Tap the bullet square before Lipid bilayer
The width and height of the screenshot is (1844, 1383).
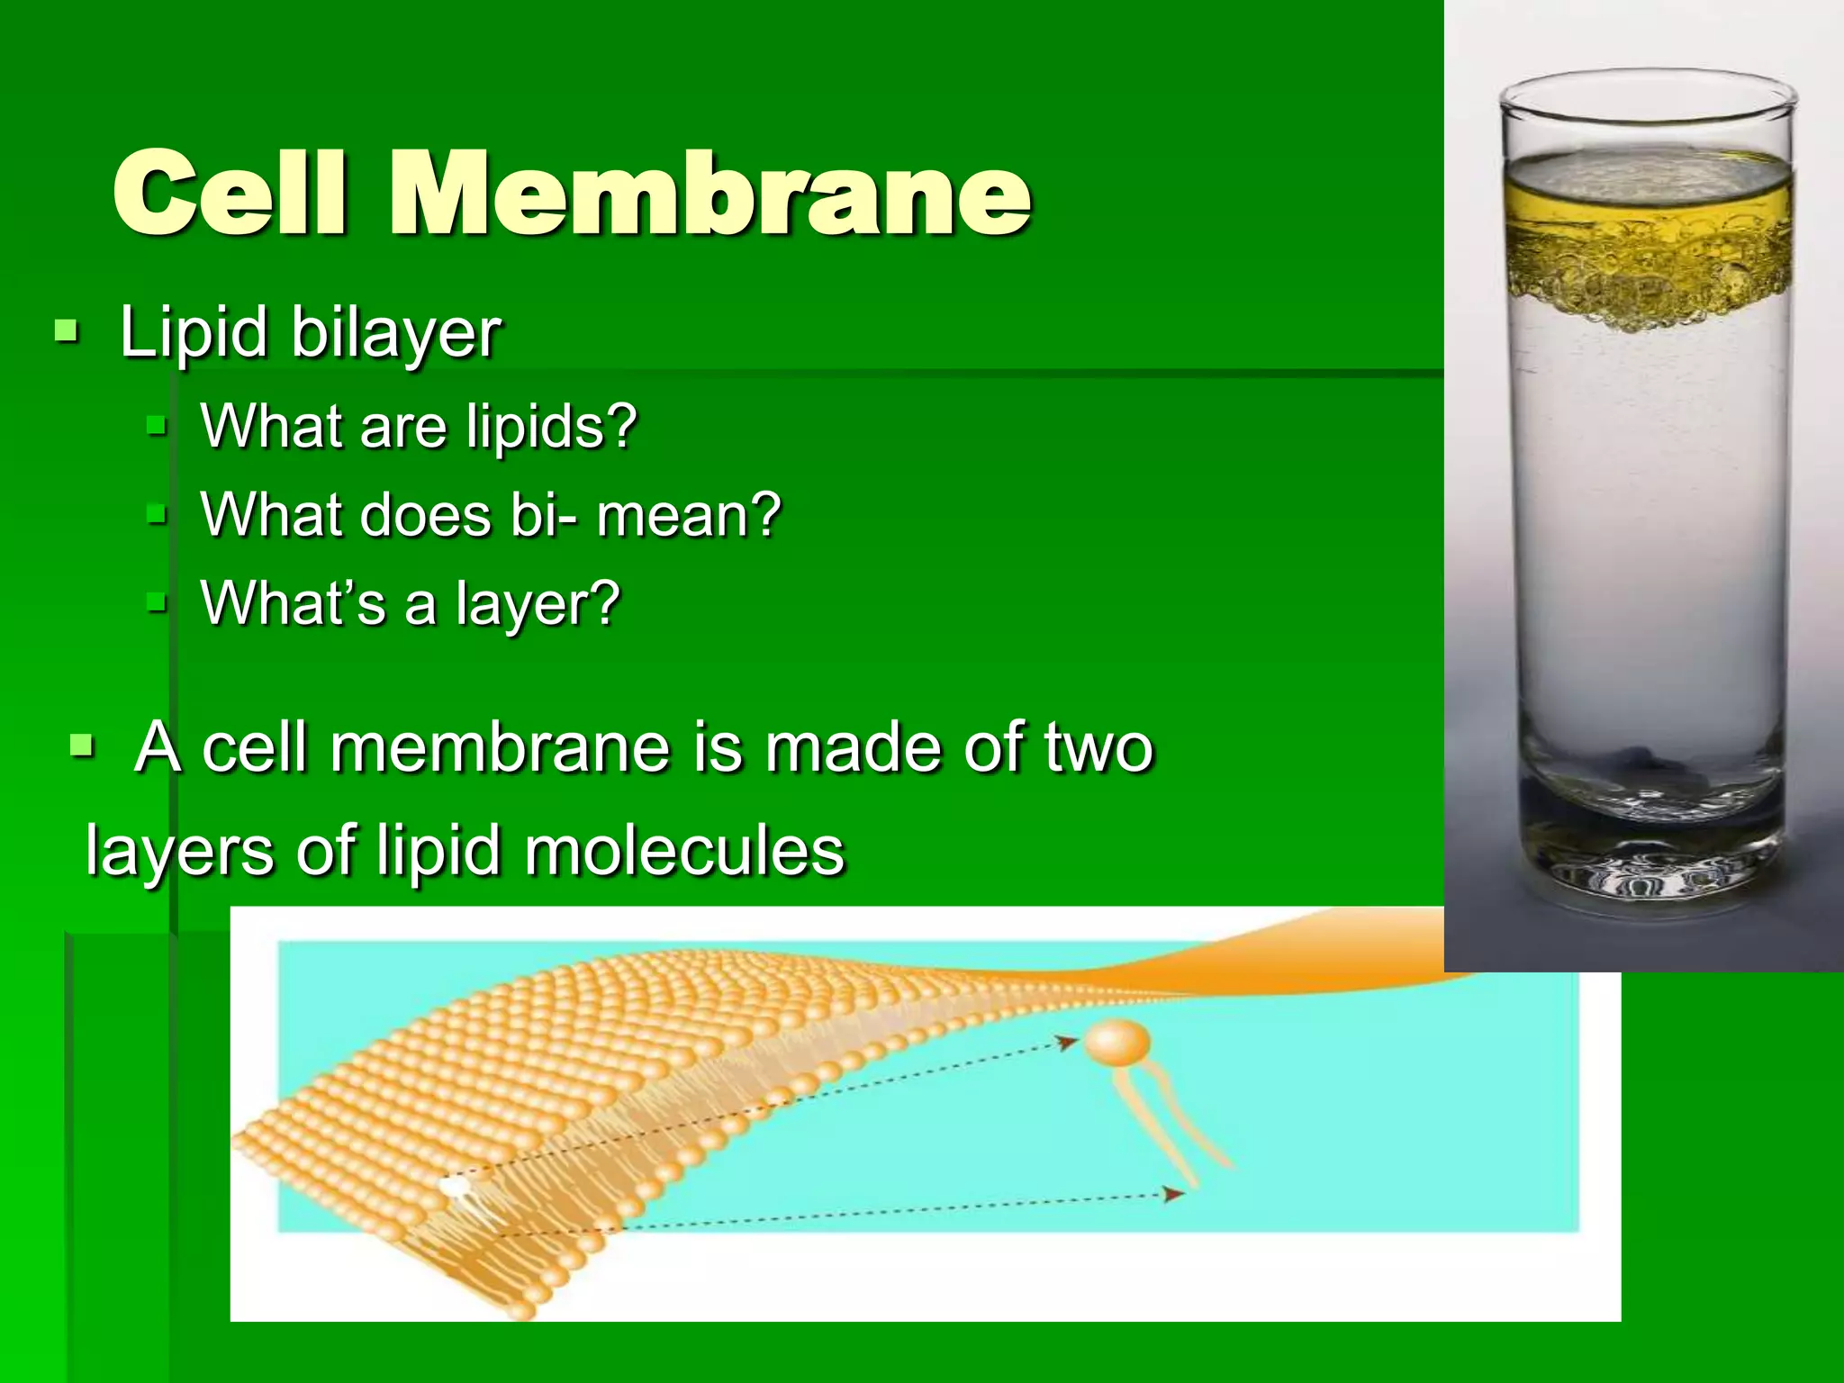(x=67, y=332)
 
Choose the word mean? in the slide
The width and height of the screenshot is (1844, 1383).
(x=689, y=516)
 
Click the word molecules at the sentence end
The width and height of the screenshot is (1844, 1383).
(x=684, y=851)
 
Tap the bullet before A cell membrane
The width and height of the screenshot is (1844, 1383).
(x=82, y=746)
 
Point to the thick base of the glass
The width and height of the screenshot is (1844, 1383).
(x=1648, y=864)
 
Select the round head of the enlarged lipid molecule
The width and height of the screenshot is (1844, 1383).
(x=1116, y=1043)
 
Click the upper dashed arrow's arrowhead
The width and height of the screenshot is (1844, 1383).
(x=1069, y=1042)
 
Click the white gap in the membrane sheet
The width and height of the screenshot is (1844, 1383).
(x=456, y=1188)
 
